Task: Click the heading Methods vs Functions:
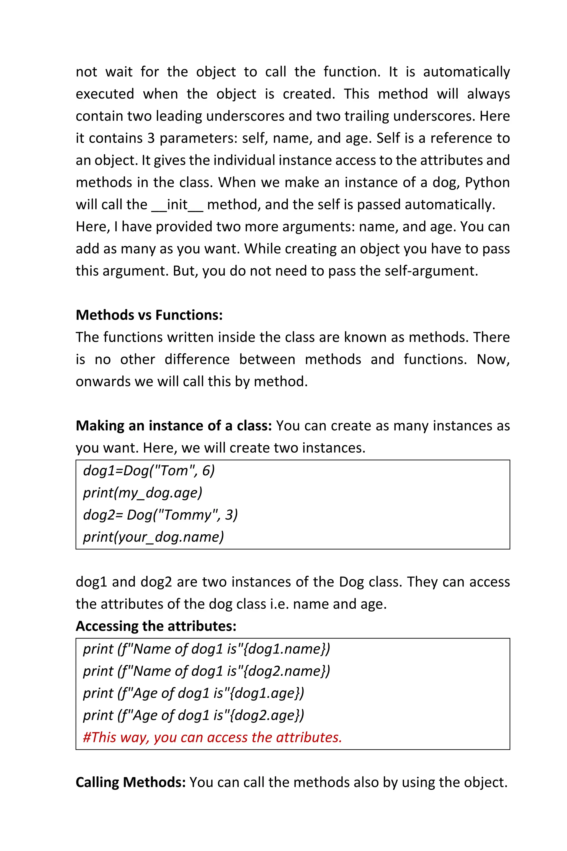149,315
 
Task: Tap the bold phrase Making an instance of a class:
174,426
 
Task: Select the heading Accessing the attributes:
156,626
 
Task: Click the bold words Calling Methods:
131,782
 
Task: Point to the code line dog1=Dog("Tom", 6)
149,471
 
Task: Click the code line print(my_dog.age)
143,493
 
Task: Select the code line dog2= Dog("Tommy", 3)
160,515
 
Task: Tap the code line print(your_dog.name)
153,537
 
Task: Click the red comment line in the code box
212,737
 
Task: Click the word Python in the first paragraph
487,183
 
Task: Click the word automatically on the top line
466,72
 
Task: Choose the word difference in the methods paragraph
197,360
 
